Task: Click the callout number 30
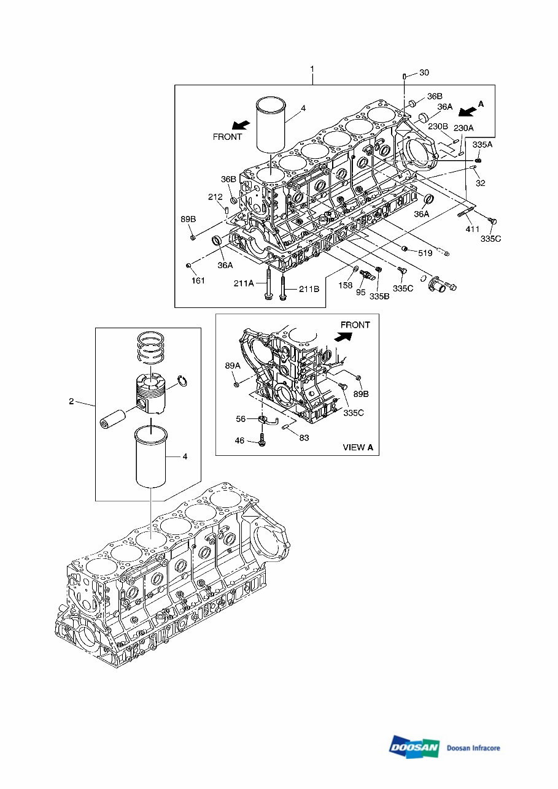[424, 73]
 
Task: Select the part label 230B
[438, 126]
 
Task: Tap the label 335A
[482, 144]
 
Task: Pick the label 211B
[309, 289]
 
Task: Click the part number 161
[198, 280]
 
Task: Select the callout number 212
[215, 197]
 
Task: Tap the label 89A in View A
[233, 365]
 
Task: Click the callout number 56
[241, 419]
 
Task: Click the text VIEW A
[358, 447]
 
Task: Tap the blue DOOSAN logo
[414, 746]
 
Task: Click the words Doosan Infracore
[473, 748]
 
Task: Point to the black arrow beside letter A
[467, 110]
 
